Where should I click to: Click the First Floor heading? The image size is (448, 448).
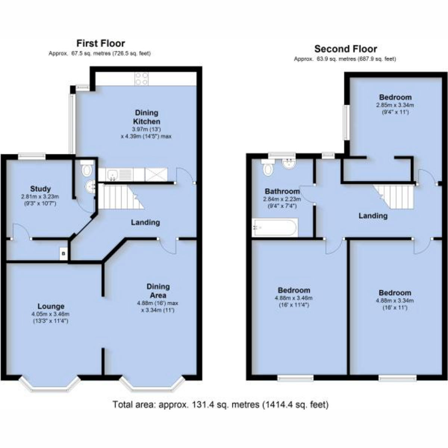(101, 43)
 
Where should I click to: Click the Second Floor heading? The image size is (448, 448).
(345, 49)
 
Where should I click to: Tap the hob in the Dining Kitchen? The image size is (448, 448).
(142, 79)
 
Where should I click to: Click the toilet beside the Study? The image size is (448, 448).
(87, 169)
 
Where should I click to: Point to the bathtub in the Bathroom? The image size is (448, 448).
(275, 227)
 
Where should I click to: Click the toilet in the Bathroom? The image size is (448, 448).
(268, 168)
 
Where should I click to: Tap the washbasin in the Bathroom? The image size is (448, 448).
(289, 164)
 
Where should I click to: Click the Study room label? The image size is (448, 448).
(40, 189)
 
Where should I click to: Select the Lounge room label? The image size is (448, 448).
(51, 306)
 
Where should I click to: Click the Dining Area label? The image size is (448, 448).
(158, 291)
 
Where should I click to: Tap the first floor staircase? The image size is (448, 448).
(121, 196)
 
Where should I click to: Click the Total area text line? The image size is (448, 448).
(221, 405)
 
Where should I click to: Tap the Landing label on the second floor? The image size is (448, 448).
(373, 216)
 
